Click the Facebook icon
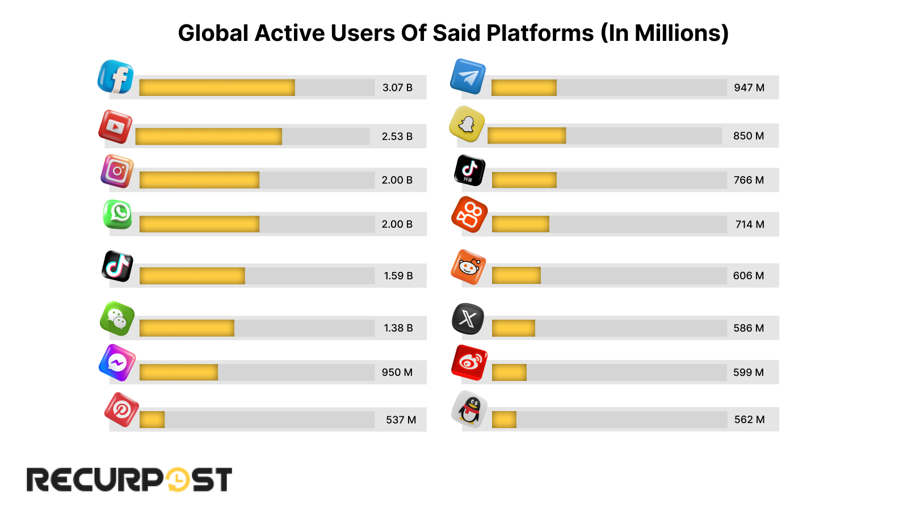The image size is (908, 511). click(116, 77)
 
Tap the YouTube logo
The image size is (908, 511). click(115, 127)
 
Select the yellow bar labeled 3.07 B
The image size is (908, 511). click(217, 87)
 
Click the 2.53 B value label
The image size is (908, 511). click(397, 136)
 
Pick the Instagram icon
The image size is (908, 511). click(117, 171)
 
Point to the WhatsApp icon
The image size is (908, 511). click(118, 215)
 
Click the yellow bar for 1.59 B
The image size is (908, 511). click(192, 276)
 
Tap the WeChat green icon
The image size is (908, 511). click(117, 319)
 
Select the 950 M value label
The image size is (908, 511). click(397, 372)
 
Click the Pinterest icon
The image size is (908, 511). click(121, 409)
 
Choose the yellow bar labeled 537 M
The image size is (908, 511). click(152, 420)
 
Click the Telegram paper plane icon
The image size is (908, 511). click(468, 77)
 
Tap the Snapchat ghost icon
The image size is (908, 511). click(467, 124)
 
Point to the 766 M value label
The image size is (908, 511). click(749, 180)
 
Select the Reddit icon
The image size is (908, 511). click(469, 267)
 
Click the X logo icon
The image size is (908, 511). click(468, 319)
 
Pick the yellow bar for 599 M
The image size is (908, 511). click(509, 372)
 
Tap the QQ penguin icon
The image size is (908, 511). click(470, 409)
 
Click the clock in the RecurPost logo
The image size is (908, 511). click(178, 480)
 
